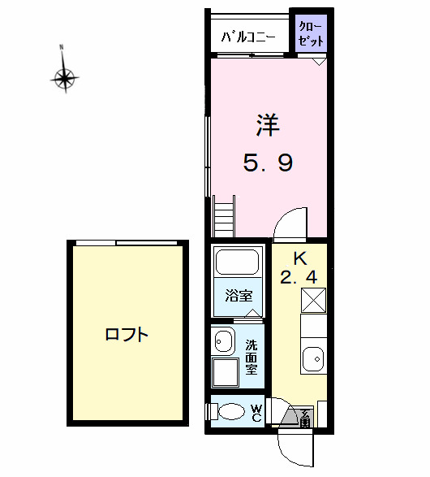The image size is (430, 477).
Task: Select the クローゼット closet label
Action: (x=311, y=35)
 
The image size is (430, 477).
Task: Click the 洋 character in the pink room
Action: (x=268, y=125)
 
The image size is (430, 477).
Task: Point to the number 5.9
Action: (x=268, y=163)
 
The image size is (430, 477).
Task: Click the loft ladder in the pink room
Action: (x=224, y=217)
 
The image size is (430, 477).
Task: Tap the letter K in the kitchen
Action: (x=299, y=259)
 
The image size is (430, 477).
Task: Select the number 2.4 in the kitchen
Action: (x=299, y=278)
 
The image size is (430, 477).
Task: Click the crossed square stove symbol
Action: (x=313, y=300)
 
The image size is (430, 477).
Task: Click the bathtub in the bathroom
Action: (x=237, y=262)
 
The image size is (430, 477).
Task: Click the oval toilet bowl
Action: (x=233, y=412)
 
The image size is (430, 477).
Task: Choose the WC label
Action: (x=256, y=413)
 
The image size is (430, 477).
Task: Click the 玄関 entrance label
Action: (x=305, y=418)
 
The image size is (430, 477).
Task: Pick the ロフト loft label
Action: (x=127, y=333)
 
